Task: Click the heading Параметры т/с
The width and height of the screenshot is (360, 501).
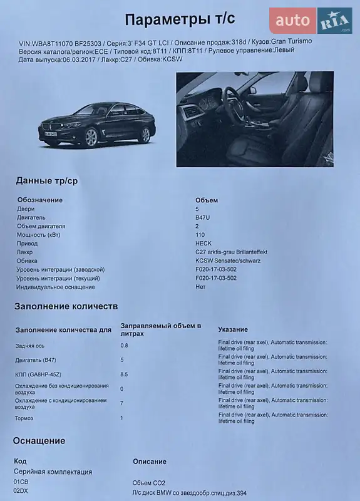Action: coord(180,20)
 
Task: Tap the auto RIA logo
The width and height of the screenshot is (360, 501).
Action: coord(311,21)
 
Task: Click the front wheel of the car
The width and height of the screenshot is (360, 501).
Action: coord(92,137)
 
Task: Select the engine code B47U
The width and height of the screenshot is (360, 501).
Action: coord(203,217)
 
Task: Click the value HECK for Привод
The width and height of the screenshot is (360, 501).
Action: coord(203,243)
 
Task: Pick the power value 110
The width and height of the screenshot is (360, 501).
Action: coord(200,235)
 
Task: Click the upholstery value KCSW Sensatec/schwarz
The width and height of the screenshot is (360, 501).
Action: coord(228,261)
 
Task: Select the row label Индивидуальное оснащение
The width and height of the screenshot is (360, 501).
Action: coord(56,287)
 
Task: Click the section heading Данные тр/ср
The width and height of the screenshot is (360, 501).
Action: coord(47,181)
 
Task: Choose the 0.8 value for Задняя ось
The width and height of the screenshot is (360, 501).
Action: coord(124,345)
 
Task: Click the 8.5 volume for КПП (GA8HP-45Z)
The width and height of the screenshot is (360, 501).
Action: coord(124,374)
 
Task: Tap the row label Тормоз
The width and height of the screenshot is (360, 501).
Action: coord(26,418)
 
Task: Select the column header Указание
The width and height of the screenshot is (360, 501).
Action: coord(233,329)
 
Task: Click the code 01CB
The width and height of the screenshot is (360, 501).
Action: coord(21,482)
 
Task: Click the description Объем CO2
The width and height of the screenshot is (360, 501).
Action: coord(150,482)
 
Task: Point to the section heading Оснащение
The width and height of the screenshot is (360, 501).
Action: coord(39,440)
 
